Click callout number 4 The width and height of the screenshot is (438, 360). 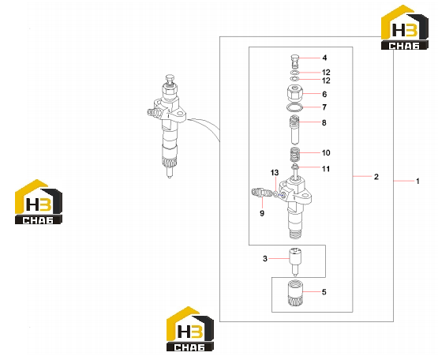[x=324, y=58]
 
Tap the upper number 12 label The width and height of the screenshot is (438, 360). [x=326, y=73]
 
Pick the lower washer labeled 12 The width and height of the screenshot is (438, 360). [x=294, y=79]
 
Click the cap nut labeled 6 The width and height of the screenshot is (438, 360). [x=294, y=94]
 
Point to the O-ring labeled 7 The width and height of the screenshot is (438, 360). [x=294, y=107]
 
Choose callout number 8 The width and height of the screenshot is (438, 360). [x=324, y=122]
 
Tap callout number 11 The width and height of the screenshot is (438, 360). [x=326, y=169]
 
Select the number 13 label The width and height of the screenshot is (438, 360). [x=275, y=173]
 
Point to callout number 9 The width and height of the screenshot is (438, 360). [x=262, y=213]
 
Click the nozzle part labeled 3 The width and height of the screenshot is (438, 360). [x=295, y=261]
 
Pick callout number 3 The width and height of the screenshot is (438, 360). [x=265, y=259]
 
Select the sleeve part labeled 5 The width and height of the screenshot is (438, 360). [x=295, y=294]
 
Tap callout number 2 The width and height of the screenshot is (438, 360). [x=376, y=177]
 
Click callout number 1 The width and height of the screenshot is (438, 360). [x=417, y=182]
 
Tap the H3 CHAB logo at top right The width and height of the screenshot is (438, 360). [x=405, y=28]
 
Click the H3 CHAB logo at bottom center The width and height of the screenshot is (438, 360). [x=190, y=329]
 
